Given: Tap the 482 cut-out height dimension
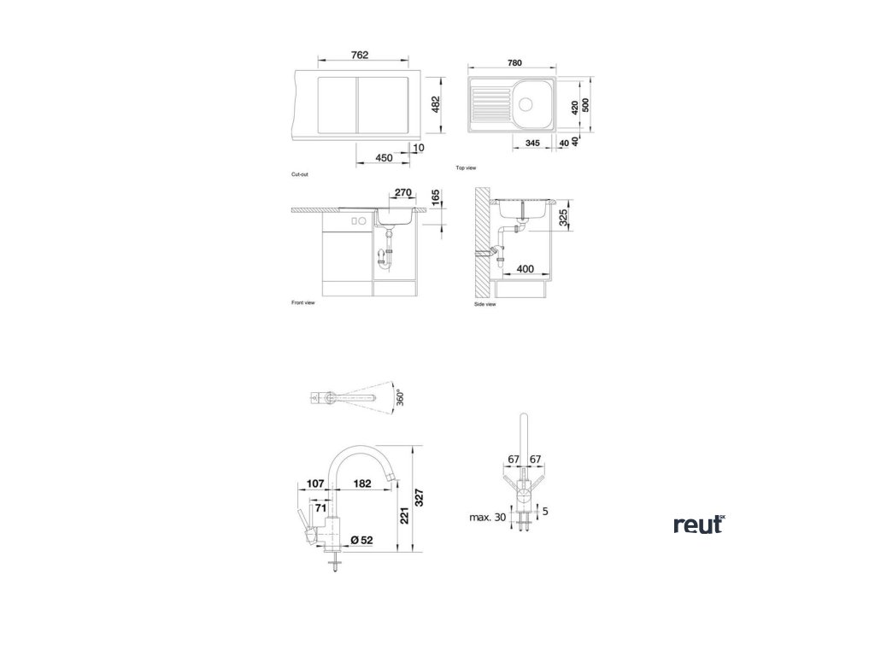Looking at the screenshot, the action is click(435, 104).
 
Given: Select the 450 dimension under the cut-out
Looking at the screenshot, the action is click(384, 157).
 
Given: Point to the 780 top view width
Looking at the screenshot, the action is click(514, 62).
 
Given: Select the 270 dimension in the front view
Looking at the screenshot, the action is click(403, 193).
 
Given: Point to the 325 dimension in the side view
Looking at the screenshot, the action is click(562, 218).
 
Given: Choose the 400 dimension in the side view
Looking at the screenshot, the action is click(525, 269).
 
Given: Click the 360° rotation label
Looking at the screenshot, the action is click(400, 397).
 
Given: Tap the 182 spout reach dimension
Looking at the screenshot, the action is click(361, 484).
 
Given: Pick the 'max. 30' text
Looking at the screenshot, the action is click(487, 518).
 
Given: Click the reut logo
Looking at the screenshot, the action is click(698, 524).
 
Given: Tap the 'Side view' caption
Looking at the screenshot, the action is click(484, 304).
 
